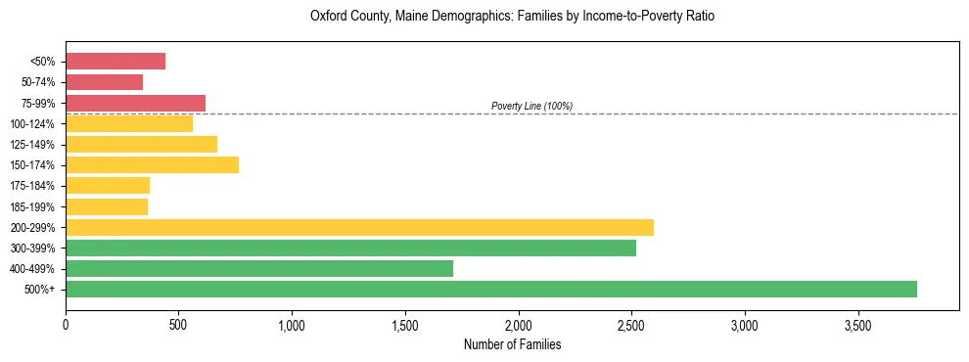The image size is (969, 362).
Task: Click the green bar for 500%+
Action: (491, 289)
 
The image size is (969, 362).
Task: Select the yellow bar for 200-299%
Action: (359, 227)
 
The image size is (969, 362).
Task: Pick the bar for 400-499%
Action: (259, 268)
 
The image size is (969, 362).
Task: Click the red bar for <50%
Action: (115, 62)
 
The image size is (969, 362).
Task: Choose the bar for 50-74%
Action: (104, 82)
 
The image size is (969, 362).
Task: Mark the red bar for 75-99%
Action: (135, 103)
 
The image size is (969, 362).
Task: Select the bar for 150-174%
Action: (152, 164)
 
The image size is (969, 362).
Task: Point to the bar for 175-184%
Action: (108, 185)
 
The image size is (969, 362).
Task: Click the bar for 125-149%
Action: (141, 144)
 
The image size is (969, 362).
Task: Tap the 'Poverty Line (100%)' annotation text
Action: (531, 106)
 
